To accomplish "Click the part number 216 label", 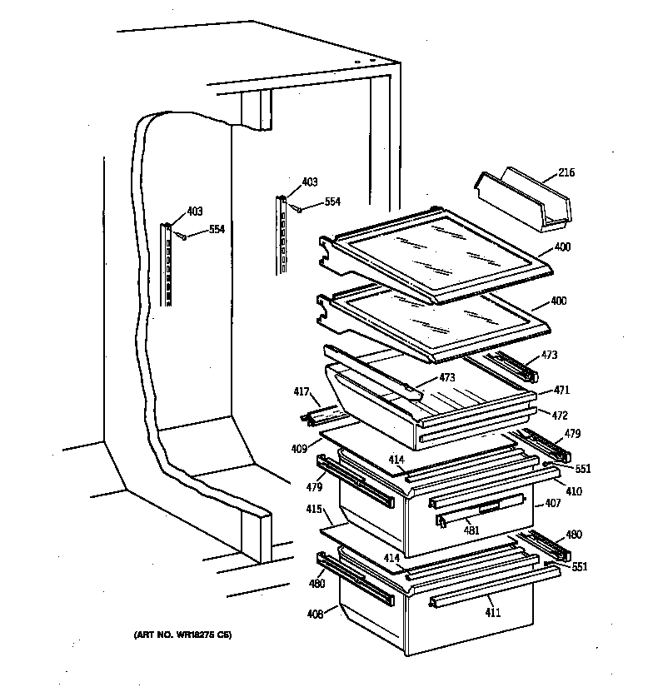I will (566, 173).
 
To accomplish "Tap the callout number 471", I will (564, 389).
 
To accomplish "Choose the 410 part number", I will (574, 491).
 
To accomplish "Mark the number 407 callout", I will (552, 503).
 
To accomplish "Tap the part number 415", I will (314, 509).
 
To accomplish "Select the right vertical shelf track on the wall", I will (282, 234).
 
